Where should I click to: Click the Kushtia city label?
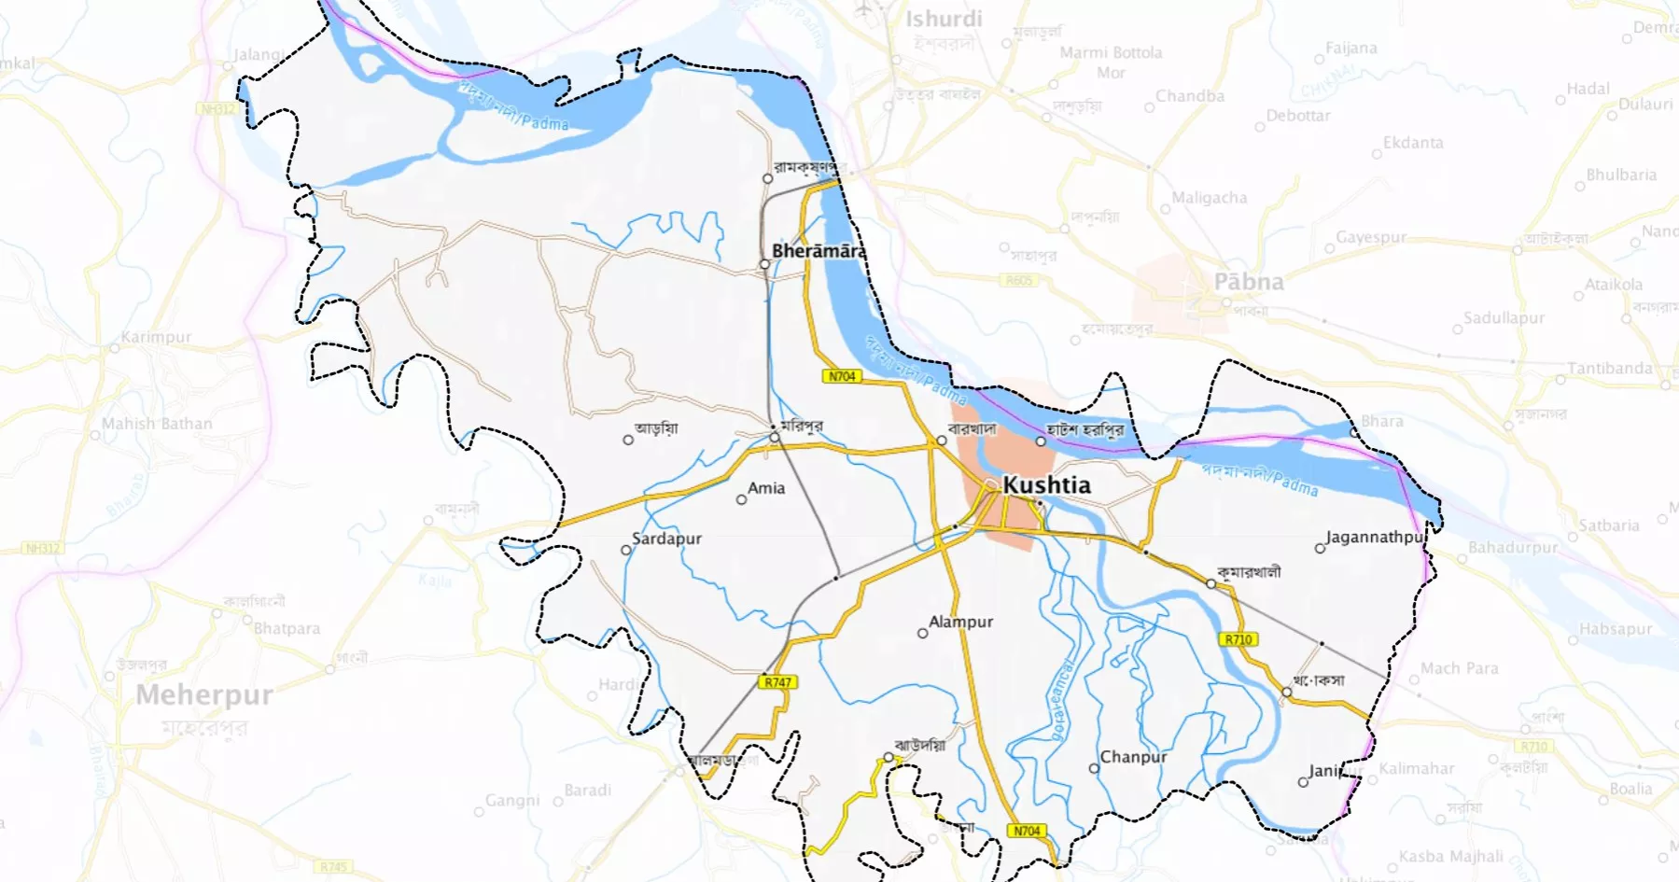point(1046,485)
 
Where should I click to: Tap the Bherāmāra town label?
point(819,251)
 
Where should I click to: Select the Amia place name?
point(766,488)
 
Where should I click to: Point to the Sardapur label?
point(666,539)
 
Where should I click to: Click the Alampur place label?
point(960,622)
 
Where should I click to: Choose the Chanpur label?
point(1133,757)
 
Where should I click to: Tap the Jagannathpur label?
point(1375,538)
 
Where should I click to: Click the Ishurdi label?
point(944,19)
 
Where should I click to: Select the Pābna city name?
point(1248,282)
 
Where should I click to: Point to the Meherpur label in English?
point(204,695)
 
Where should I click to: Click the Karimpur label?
point(156,337)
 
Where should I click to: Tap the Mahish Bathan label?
point(157,424)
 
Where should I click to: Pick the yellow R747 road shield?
point(777,682)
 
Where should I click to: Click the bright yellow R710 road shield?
point(1238,639)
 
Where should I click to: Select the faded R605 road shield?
point(1018,280)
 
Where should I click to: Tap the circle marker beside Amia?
point(741,499)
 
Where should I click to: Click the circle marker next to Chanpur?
point(1094,769)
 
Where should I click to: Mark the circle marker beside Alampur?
point(922,634)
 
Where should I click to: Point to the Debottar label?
point(1298,116)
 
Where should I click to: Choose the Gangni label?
point(512,801)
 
